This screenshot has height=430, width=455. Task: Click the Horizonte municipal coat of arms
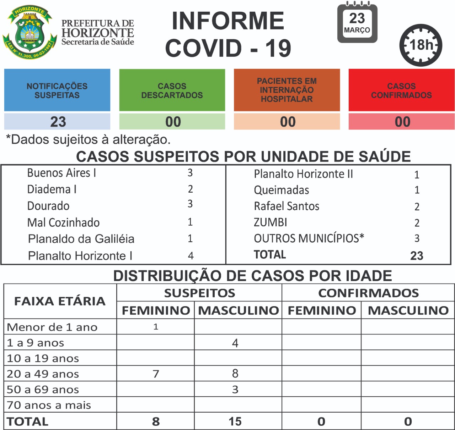pos(30,32)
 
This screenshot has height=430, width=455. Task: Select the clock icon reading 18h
pos(421,45)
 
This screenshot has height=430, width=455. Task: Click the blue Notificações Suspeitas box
pos(57,90)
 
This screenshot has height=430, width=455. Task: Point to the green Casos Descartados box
pos(172,90)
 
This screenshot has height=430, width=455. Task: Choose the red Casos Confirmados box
pos(401,90)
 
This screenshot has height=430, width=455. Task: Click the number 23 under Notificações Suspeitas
pos(58,122)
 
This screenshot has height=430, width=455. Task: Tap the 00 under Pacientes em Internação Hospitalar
pos(288,122)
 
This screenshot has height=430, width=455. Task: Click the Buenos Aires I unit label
pos(61,173)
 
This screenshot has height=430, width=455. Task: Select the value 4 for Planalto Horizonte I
pos(191,255)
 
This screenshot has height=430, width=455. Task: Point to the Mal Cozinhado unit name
pos(63,222)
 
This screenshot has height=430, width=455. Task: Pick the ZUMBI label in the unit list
pos(270,222)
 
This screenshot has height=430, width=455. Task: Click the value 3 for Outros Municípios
pos(417,238)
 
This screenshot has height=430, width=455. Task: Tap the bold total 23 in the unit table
pos(417,255)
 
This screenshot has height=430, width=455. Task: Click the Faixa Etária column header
pos(60,301)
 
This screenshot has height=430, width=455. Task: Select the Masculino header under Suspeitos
pos(238,310)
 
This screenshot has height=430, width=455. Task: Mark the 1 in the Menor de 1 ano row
pos(156,327)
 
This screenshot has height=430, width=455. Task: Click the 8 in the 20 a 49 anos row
pos(235,373)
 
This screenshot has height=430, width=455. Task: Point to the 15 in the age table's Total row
pos(235,421)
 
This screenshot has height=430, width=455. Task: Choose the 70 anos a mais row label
pos(49,405)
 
